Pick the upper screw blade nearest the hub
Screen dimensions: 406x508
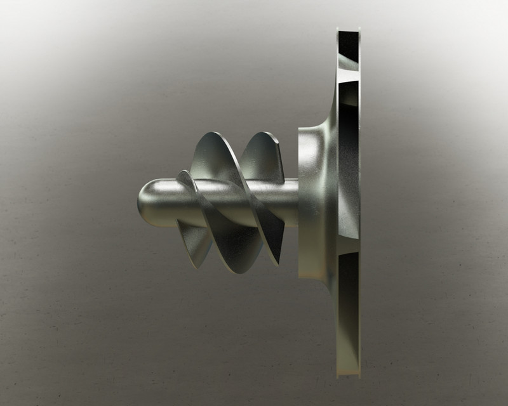(x=260, y=155)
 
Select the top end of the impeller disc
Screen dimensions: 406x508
(x=347, y=32)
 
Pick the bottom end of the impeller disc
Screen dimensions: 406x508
(x=348, y=370)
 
